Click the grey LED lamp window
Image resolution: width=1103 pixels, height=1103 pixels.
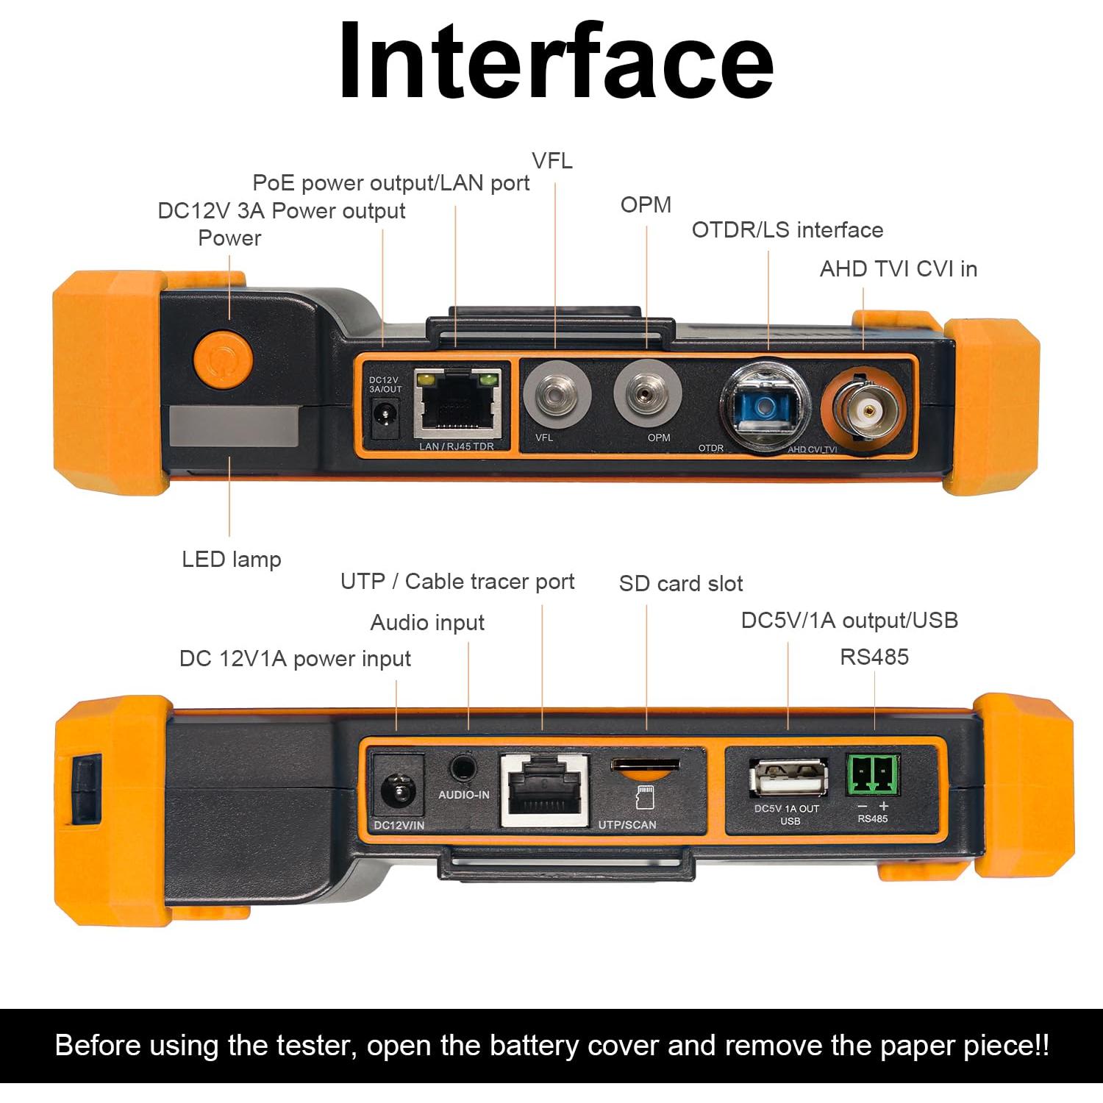[234, 426]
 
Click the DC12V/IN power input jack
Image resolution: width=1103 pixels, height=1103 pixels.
[398, 792]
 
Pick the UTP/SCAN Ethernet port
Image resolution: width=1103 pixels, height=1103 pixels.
[545, 790]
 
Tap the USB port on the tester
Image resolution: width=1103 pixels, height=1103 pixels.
[788, 777]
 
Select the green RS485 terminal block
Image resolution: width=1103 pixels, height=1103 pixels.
[873, 774]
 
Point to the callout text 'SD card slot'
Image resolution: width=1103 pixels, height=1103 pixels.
[681, 584]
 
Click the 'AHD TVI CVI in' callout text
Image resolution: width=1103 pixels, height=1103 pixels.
[899, 269]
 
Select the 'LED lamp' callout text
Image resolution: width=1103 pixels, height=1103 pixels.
[232, 560]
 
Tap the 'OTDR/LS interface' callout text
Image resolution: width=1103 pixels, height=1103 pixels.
[788, 230]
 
